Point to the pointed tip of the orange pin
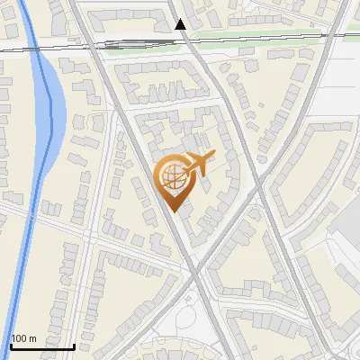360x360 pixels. click(x=173, y=211)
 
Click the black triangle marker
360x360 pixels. click(x=181, y=24)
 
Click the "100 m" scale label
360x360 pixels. click(x=23, y=338)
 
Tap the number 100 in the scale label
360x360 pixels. click(x=20, y=338)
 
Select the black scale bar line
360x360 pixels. click(x=41, y=346)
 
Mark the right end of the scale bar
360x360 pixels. click(x=74, y=346)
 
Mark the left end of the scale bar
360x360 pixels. click(x=10, y=346)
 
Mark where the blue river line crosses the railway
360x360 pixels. click(x=33, y=43)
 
